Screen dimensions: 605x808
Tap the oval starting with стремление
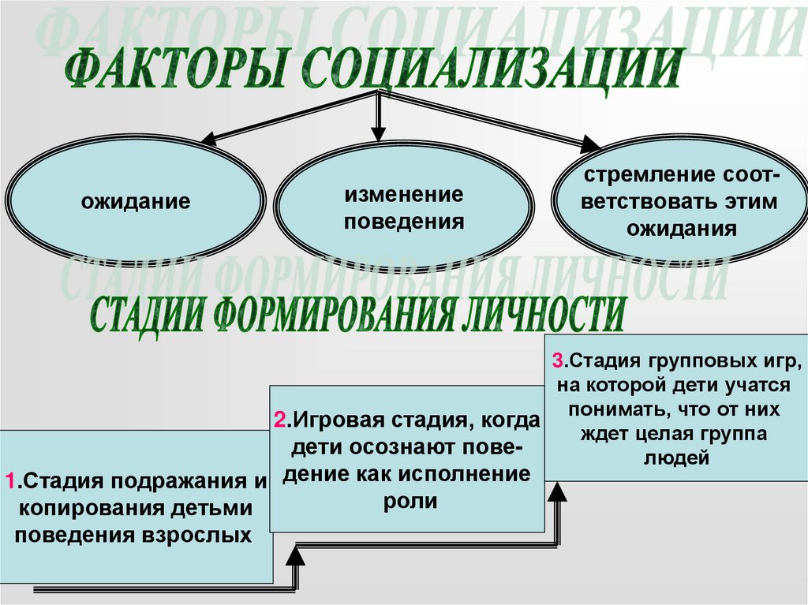pos(679,202)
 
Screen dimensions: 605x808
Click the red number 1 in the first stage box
pos(9,480)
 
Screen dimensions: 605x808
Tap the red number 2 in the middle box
pos(279,420)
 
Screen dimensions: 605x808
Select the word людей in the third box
pos(678,457)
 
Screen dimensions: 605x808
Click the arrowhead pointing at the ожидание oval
pos(209,139)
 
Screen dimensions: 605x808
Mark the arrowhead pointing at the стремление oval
pos(590,144)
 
